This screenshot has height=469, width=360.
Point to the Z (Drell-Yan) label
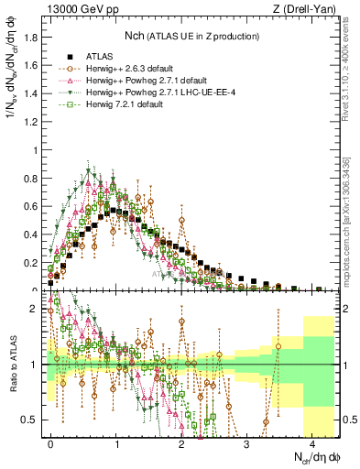pyautogui.click(x=305, y=10)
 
